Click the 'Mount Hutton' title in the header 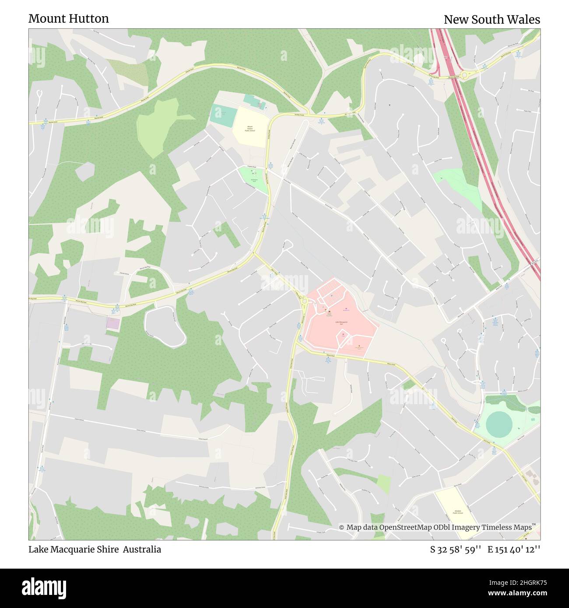[x=69, y=19]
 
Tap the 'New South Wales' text [x=492, y=20]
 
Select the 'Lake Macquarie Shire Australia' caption [x=95, y=549]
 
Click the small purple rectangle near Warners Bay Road [x=113, y=324]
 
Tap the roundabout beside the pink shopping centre [x=303, y=300]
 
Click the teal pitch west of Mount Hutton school [x=224, y=115]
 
